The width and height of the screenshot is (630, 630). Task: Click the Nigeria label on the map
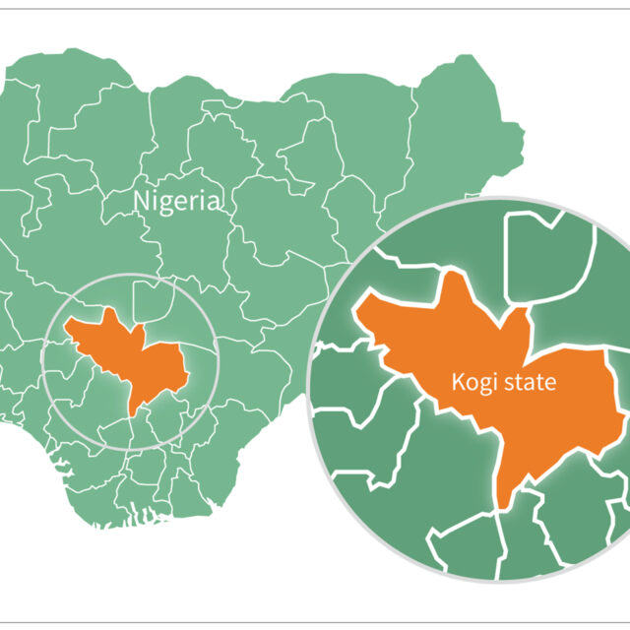point(177,203)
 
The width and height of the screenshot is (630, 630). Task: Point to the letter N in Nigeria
point(141,203)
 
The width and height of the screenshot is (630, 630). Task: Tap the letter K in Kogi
point(456,382)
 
